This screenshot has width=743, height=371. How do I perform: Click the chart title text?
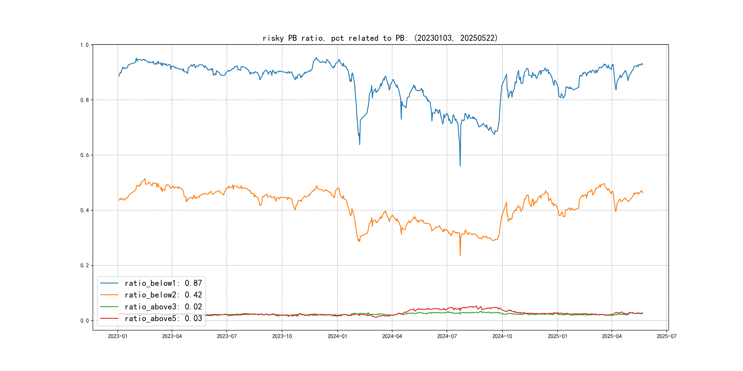[x=380, y=38]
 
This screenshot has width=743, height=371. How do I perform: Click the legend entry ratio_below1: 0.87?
[x=163, y=283]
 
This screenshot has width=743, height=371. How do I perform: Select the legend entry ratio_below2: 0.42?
[x=163, y=295]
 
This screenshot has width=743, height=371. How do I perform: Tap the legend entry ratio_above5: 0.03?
[x=163, y=319]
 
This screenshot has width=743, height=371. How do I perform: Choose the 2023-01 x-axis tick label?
[x=118, y=336]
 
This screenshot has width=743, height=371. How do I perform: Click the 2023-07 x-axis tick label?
[x=227, y=336]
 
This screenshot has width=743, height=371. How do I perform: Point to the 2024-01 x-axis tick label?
[x=337, y=336]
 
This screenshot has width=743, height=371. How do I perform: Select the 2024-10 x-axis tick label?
[x=502, y=336]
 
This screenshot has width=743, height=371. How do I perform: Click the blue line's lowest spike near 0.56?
[x=460, y=166]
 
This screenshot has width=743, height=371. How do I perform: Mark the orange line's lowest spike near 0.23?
[x=460, y=255]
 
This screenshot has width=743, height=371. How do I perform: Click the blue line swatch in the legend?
[x=109, y=283]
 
